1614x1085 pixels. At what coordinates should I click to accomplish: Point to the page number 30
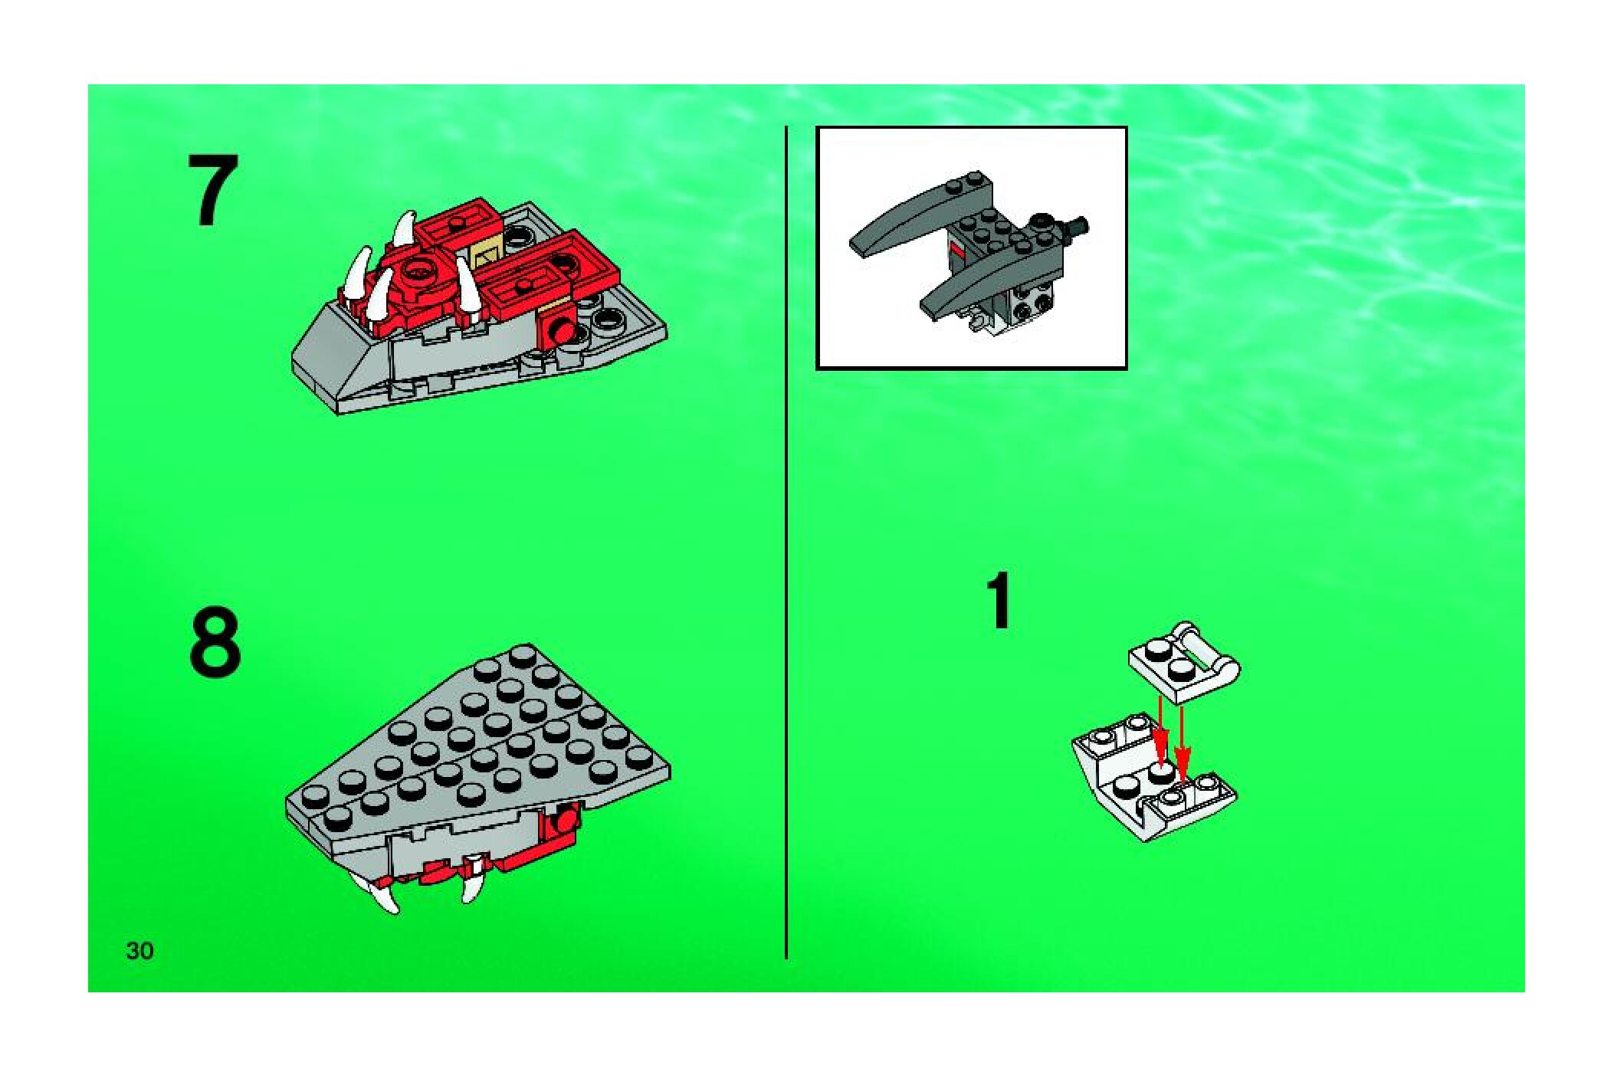pyautogui.click(x=140, y=951)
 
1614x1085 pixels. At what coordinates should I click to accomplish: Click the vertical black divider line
pyautogui.click(x=786, y=542)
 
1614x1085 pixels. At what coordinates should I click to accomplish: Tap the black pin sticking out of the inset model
pyautogui.click(x=1077, y=227)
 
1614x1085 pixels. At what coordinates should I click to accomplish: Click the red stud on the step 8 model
pyautogui.click(x=566, y=822)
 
